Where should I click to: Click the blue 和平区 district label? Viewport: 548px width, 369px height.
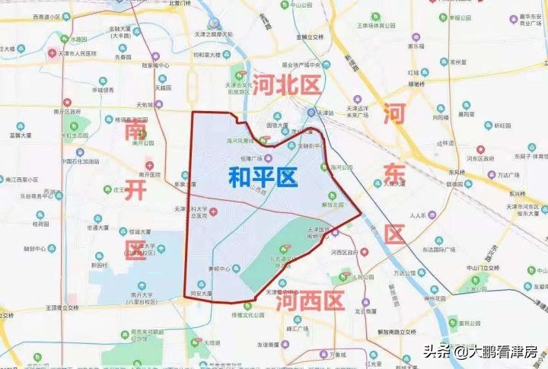(263, 178)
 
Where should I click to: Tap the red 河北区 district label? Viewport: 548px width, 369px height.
(287, 84)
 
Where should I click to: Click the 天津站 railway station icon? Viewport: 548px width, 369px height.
(311, 113)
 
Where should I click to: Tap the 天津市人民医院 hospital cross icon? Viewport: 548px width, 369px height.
(52, 53)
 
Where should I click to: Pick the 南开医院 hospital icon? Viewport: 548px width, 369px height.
(149, 165)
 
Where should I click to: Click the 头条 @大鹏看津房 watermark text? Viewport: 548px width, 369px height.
(480, 352)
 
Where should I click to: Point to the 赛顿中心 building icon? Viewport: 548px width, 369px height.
(236, 268)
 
